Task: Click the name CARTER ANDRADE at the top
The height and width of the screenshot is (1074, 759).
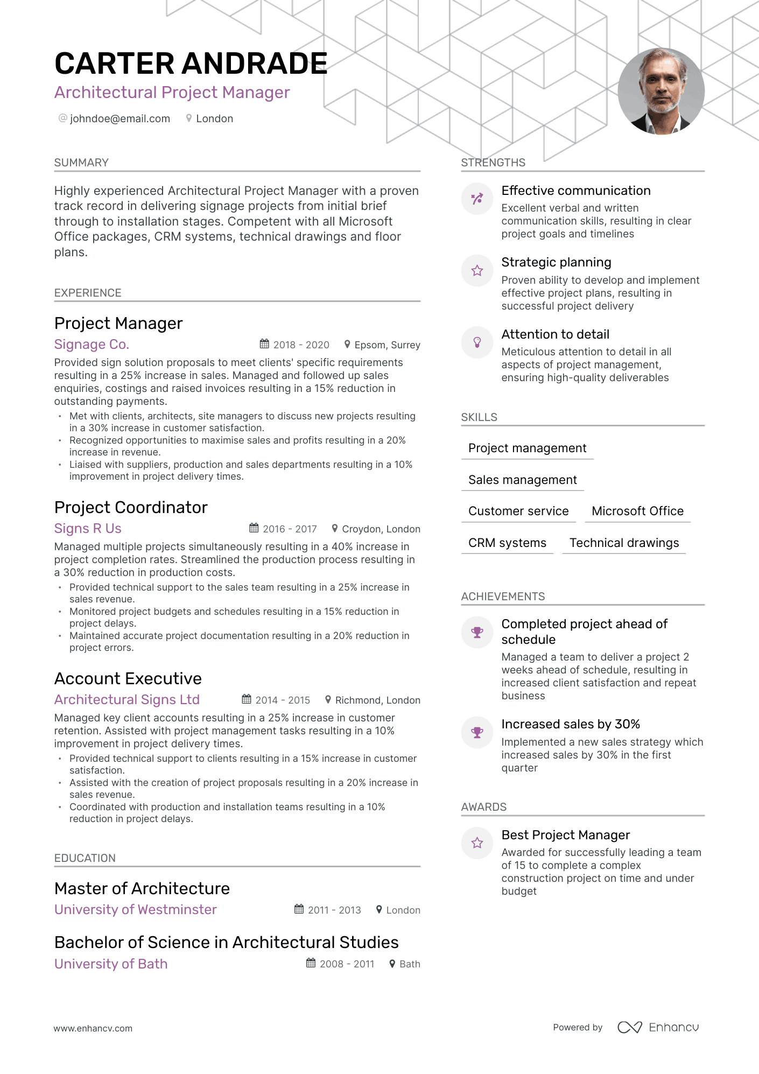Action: [x=191, y=64]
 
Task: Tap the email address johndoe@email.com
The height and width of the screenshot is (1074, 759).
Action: [x=120, y=118]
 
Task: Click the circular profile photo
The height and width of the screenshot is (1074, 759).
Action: [x=661, y=91]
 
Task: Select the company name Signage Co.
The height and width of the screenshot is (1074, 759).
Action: [x=92, y=345]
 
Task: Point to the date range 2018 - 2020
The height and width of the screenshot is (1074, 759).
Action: [x=301, y=345]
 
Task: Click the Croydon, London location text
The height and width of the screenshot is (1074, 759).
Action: [x=381, y=529]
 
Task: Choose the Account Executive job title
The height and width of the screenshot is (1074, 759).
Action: [x=128, y=678]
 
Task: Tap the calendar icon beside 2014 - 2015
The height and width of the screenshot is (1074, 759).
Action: [x=247, y=699]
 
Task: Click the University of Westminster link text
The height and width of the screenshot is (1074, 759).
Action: [x=136, y=909]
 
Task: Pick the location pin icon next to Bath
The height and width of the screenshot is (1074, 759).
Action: [x=392, y=964]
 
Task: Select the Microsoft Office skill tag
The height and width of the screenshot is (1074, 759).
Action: [x=637, y=511]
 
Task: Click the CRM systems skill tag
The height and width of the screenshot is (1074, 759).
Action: [x=507, y=543]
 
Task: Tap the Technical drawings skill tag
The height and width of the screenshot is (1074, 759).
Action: [x=624, y=543]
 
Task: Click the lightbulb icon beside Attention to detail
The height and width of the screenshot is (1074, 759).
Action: [x=477, y=342]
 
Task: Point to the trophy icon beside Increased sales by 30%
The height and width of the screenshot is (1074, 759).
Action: [x=477, y=732]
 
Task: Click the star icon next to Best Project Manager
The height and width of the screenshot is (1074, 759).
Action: [x=477, y=843]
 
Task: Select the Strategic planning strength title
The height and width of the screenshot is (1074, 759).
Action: [x=556, y=262]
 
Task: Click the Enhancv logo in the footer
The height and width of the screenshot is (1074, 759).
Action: [x=658, y=1027]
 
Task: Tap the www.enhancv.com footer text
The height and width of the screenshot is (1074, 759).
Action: [x=93, y=1028]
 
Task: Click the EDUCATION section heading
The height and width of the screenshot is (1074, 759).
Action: [x=85, y=858]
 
